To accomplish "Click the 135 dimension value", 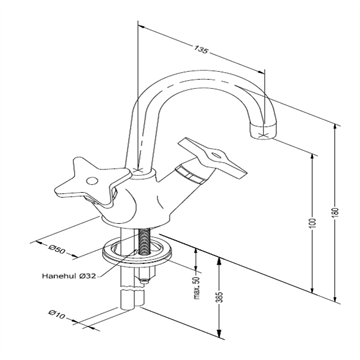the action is (x=201, y=50).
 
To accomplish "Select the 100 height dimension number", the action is (x=312, y=223).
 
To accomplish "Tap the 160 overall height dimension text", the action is (x=336, y=212).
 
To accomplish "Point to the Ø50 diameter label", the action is (x=57, y=249).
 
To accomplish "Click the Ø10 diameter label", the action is (x=57, y=314).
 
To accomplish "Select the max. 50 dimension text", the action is (x=196, y=288).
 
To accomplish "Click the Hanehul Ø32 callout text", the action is (x=69, y=276).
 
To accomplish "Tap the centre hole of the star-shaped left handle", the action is (x=92, y=181).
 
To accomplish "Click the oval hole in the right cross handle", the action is (x=216, y=155).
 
